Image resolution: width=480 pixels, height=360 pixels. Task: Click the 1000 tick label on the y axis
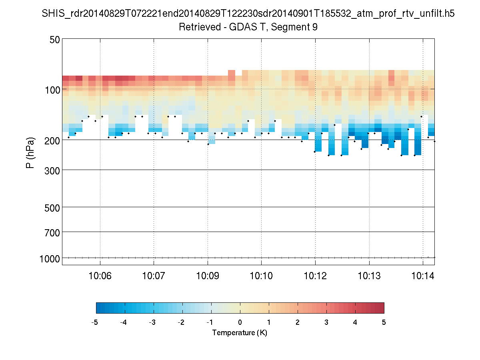50,258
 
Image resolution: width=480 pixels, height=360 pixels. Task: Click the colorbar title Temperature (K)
240,333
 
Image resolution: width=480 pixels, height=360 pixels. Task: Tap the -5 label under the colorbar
95,323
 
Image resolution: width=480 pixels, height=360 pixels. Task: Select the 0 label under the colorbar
240,323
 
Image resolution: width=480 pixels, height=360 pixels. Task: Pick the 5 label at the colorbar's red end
384,323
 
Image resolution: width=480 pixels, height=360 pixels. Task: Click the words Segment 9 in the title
294,27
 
